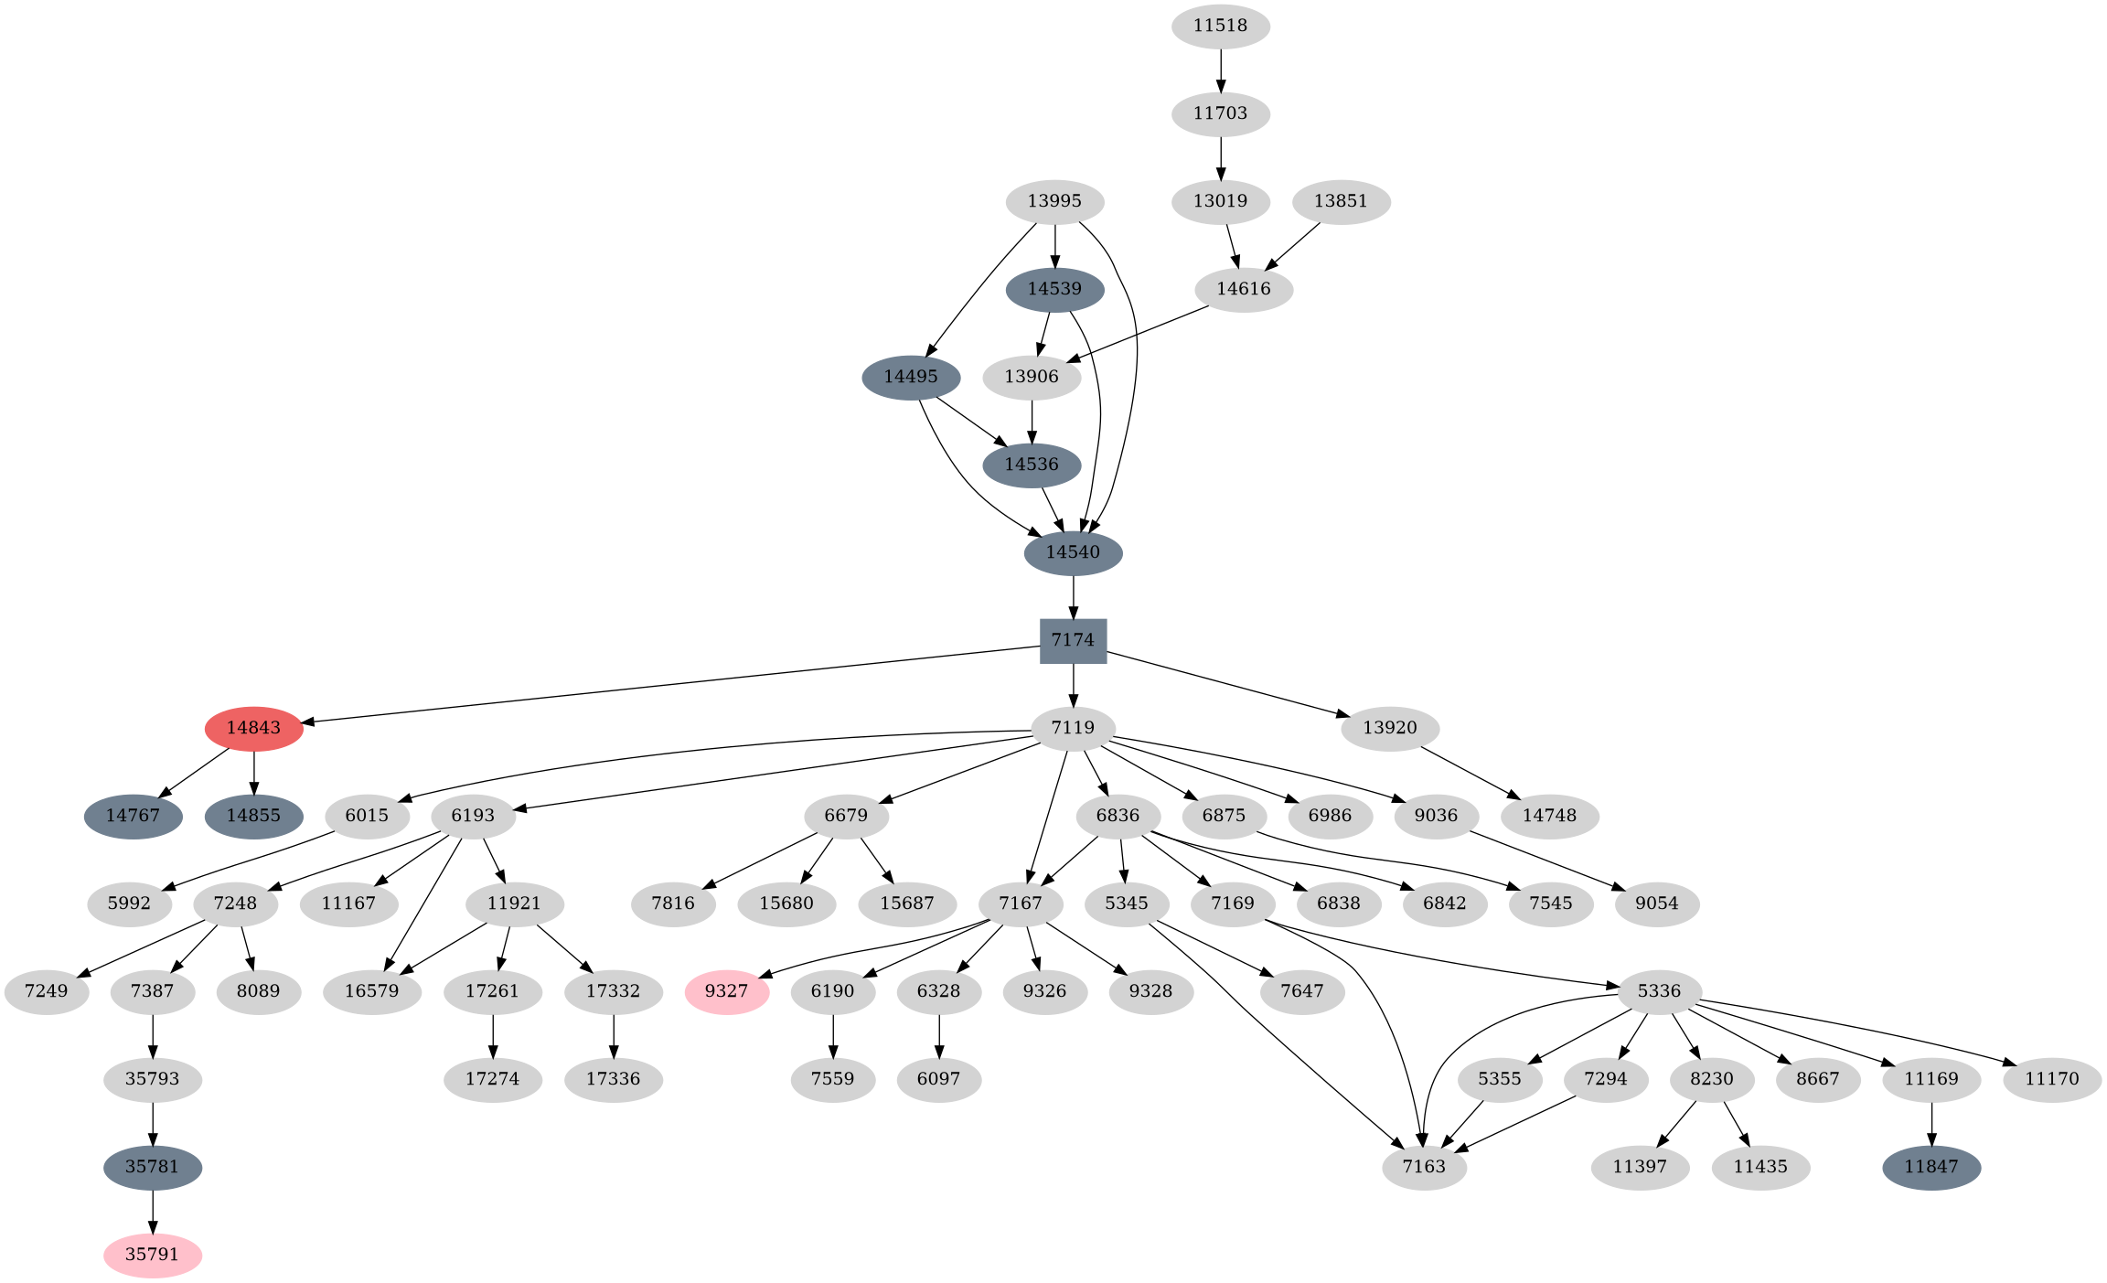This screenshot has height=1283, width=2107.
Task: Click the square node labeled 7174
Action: click(1073, 640)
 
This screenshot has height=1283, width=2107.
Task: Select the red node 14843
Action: click(253, 728)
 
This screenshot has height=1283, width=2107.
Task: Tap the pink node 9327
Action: click(726, 991)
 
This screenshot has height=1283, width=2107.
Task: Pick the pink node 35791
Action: click(153, 1254)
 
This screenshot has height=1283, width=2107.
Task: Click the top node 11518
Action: click(1220, 26)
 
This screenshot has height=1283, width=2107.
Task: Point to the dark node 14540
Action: click(1073, 552)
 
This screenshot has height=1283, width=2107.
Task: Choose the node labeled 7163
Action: click(1424, 1167)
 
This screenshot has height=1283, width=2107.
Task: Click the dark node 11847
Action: click(1931, 1167)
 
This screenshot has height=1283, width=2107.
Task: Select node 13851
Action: click(1341, 201)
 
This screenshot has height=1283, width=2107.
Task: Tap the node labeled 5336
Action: click(1660, 991)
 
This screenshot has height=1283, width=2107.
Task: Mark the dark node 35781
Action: click(153, 1167)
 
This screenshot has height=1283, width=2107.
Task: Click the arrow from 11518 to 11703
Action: click(1221, 69)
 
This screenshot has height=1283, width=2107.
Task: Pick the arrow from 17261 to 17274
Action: click(493, 1035)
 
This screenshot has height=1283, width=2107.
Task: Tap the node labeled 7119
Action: click(1073, 728)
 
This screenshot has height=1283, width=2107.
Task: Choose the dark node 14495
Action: click(911, 377)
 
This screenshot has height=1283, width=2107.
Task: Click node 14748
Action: click(1549, 816)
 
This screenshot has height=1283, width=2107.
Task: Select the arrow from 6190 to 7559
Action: click(833, 1035)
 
